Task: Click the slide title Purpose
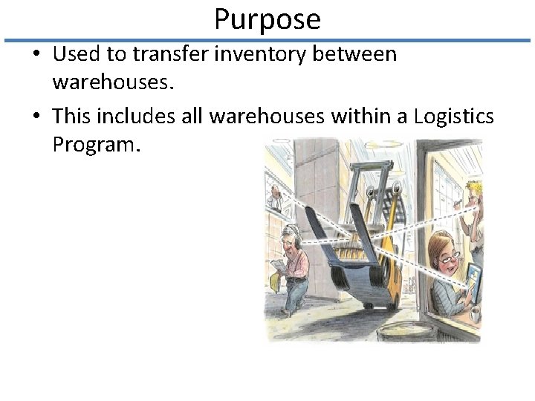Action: pos(267,19)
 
